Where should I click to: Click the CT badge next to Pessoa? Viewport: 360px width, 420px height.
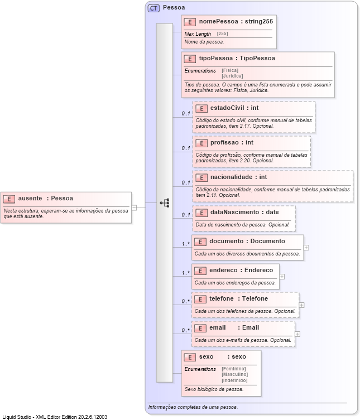(153, 8)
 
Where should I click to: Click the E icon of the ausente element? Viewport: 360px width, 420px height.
(9, 198)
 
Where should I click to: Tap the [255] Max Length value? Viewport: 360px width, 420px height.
(222, 34)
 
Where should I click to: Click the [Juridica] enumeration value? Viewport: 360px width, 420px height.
(232, 76)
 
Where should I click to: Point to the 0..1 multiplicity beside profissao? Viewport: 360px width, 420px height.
(185, 148)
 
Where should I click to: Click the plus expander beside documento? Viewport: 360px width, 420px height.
(306, 248)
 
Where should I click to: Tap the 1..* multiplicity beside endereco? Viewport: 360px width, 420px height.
(185, 273)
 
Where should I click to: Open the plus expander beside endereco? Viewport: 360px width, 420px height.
(282, 276)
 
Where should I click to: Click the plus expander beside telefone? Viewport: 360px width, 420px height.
(302, 305)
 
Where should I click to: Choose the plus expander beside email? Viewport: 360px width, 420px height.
(297, 334)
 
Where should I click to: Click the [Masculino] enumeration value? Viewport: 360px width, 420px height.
(234, 374)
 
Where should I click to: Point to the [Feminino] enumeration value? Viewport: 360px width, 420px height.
(233, 369)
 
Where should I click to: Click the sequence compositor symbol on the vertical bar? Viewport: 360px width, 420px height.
(165, 203)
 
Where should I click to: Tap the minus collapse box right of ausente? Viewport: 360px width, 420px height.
(135, 207)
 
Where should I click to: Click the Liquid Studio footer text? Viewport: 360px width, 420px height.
(55, 417)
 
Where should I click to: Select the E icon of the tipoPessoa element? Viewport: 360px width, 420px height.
(190, 58)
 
